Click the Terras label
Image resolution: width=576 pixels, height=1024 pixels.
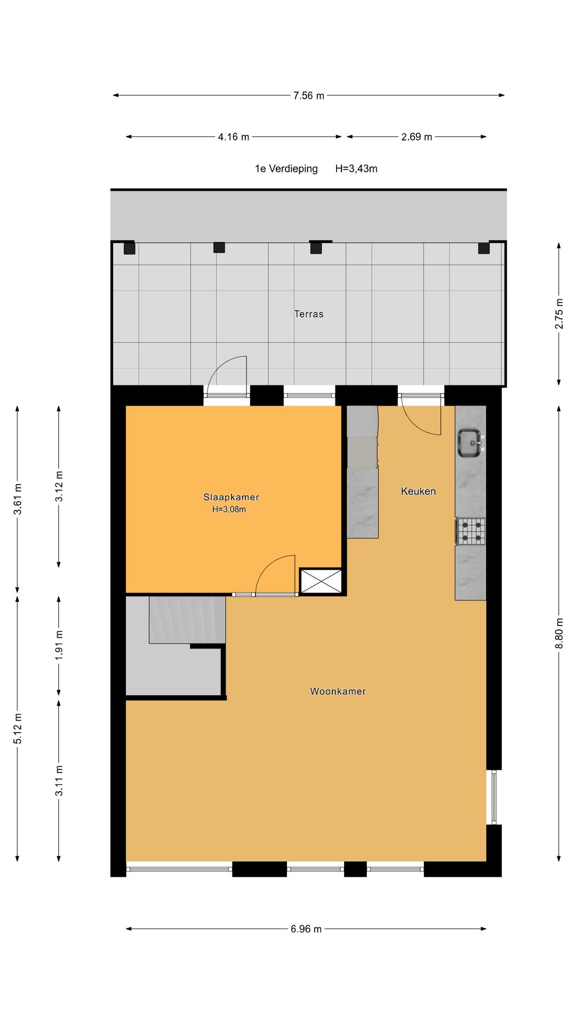tap(309, 314)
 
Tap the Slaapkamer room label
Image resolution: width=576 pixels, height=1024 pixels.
tap(231, 497)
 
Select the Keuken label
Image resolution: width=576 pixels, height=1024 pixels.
tap(418, 491)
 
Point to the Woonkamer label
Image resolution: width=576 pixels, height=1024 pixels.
tap(338, 691)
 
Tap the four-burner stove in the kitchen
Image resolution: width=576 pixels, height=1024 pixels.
tap(471, 531)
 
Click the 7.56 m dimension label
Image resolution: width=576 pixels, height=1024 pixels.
tap(308, 95)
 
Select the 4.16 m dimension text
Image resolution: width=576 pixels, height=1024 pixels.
tap(233, 137)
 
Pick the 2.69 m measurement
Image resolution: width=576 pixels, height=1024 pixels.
tap(417, 137)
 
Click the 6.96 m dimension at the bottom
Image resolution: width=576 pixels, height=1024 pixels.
tap(306, 929)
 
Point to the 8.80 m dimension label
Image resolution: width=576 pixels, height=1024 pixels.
tap(559, 633)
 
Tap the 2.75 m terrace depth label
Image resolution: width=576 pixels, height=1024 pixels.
tap(559, 313)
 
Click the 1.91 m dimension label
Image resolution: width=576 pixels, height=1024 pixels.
tap(59, 645)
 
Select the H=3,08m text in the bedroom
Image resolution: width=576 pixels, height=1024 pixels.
tap(229, 509)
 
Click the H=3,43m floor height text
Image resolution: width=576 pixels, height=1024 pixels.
tap(356, 169)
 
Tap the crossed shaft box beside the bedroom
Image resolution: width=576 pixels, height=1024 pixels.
tap(321, 581)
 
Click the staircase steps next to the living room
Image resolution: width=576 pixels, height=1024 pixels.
tap(187, 620)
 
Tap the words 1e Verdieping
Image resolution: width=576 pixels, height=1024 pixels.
tap(286, 169)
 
